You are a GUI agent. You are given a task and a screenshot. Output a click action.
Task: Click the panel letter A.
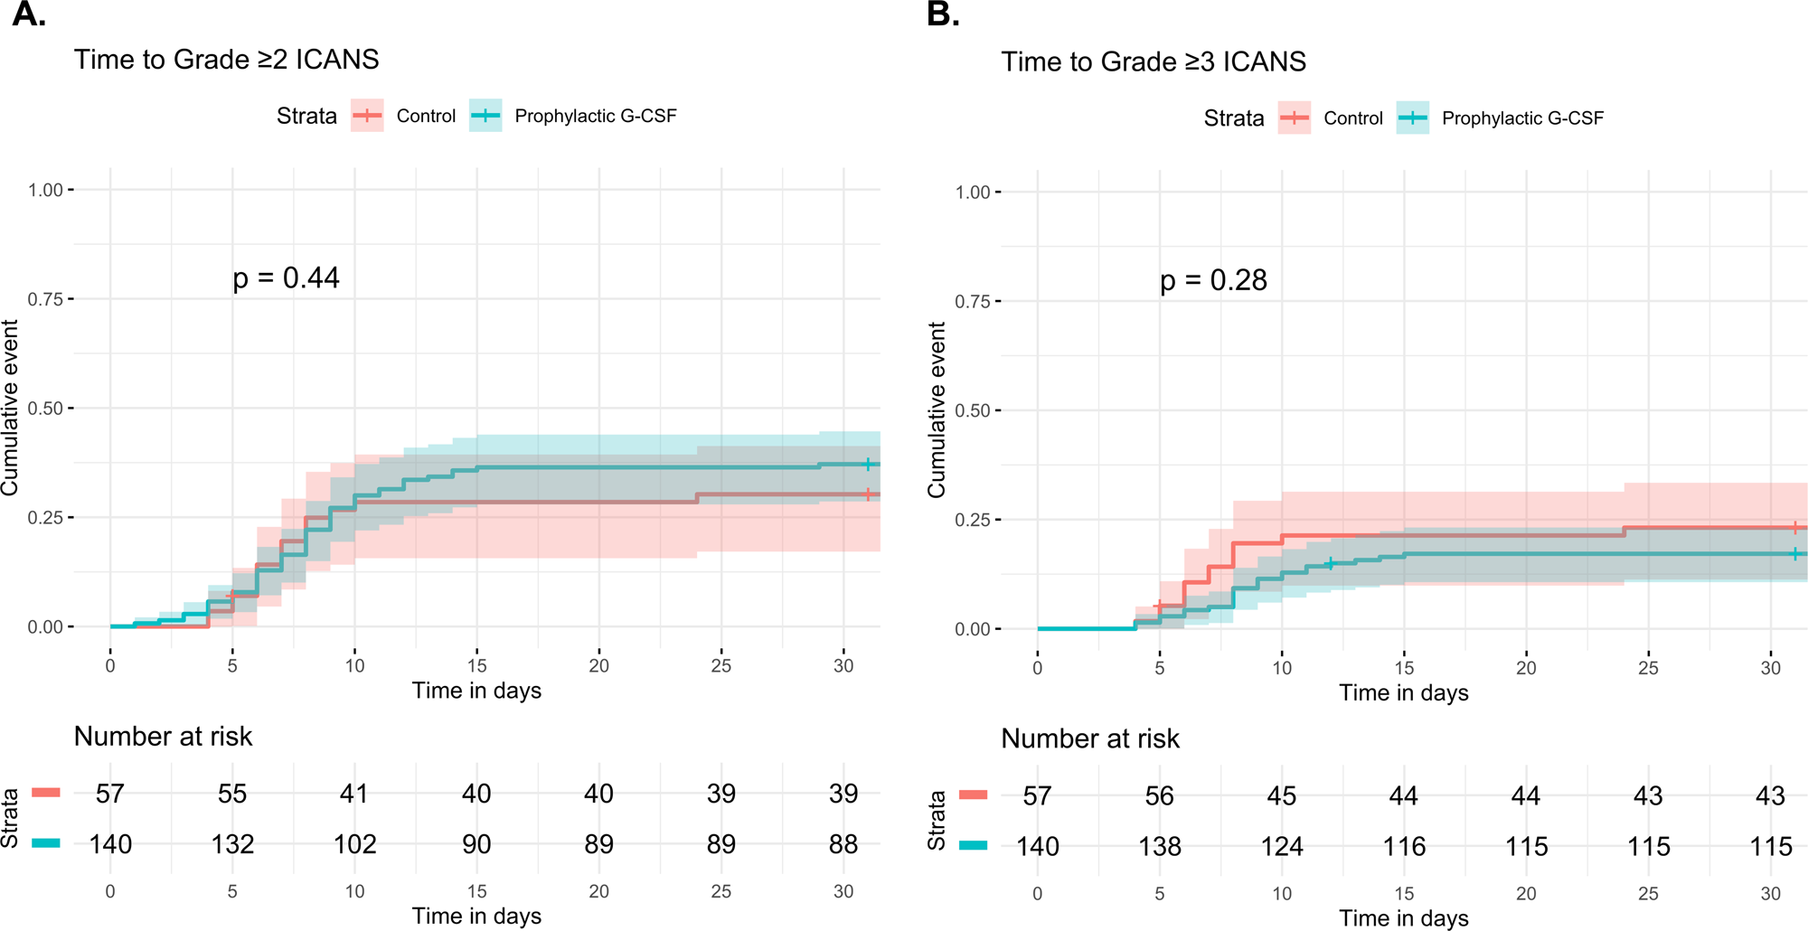click(28, 14)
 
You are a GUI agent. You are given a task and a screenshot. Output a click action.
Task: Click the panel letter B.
click(943, 14)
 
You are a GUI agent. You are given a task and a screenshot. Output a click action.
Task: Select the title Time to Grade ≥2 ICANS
click(226, 60)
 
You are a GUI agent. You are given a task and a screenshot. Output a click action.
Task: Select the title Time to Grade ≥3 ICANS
click(1154, 62)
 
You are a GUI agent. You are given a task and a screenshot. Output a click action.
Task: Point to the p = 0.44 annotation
click(286, 277)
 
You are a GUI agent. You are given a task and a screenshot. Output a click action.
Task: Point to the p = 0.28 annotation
click(1213, 280)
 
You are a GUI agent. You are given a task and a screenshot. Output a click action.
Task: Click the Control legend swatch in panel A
click(367, 116)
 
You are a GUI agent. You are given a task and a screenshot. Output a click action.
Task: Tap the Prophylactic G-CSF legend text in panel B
click(1522, 118)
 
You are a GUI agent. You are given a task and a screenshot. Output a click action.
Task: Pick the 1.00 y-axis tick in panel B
click(973, 193)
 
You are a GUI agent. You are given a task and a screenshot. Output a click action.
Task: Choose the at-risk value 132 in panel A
click(232, 844)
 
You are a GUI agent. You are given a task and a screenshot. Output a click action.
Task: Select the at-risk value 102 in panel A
click(354, 844)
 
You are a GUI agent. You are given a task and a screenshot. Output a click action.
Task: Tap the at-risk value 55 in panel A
click(232, 794)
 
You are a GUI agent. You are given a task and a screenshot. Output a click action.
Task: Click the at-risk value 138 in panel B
click(1160, 847)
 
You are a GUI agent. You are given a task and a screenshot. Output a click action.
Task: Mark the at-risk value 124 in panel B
click(1282, 847)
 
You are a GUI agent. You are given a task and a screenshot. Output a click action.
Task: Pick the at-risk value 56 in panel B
click(1160, 796)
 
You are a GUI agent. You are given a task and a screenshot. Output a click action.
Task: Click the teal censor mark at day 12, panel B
click(1330, 563)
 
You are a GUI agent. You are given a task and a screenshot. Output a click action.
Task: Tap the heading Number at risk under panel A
click(163, 737)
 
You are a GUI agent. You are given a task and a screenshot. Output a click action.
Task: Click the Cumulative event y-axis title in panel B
click(937, 409)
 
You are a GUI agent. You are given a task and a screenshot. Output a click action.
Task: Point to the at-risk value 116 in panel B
click(1404, 847)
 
